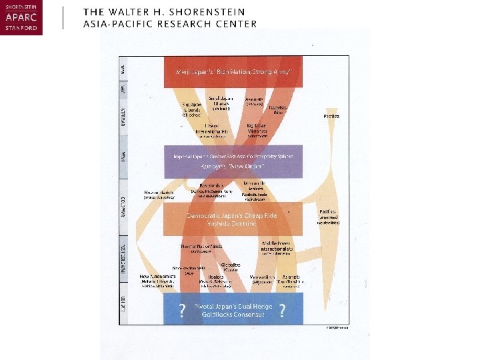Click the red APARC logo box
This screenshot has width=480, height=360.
[21, 18]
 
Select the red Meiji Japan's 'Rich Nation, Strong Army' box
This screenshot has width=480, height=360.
[233, 71]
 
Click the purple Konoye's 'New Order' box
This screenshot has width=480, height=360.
[233, 161]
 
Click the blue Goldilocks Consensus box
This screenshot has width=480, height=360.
[233, 309]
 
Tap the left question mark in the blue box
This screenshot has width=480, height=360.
[181, 310]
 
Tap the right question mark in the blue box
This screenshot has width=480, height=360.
[283, 310]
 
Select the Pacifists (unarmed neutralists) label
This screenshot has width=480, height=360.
[329, 216]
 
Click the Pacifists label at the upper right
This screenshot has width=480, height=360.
[331, 116]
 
